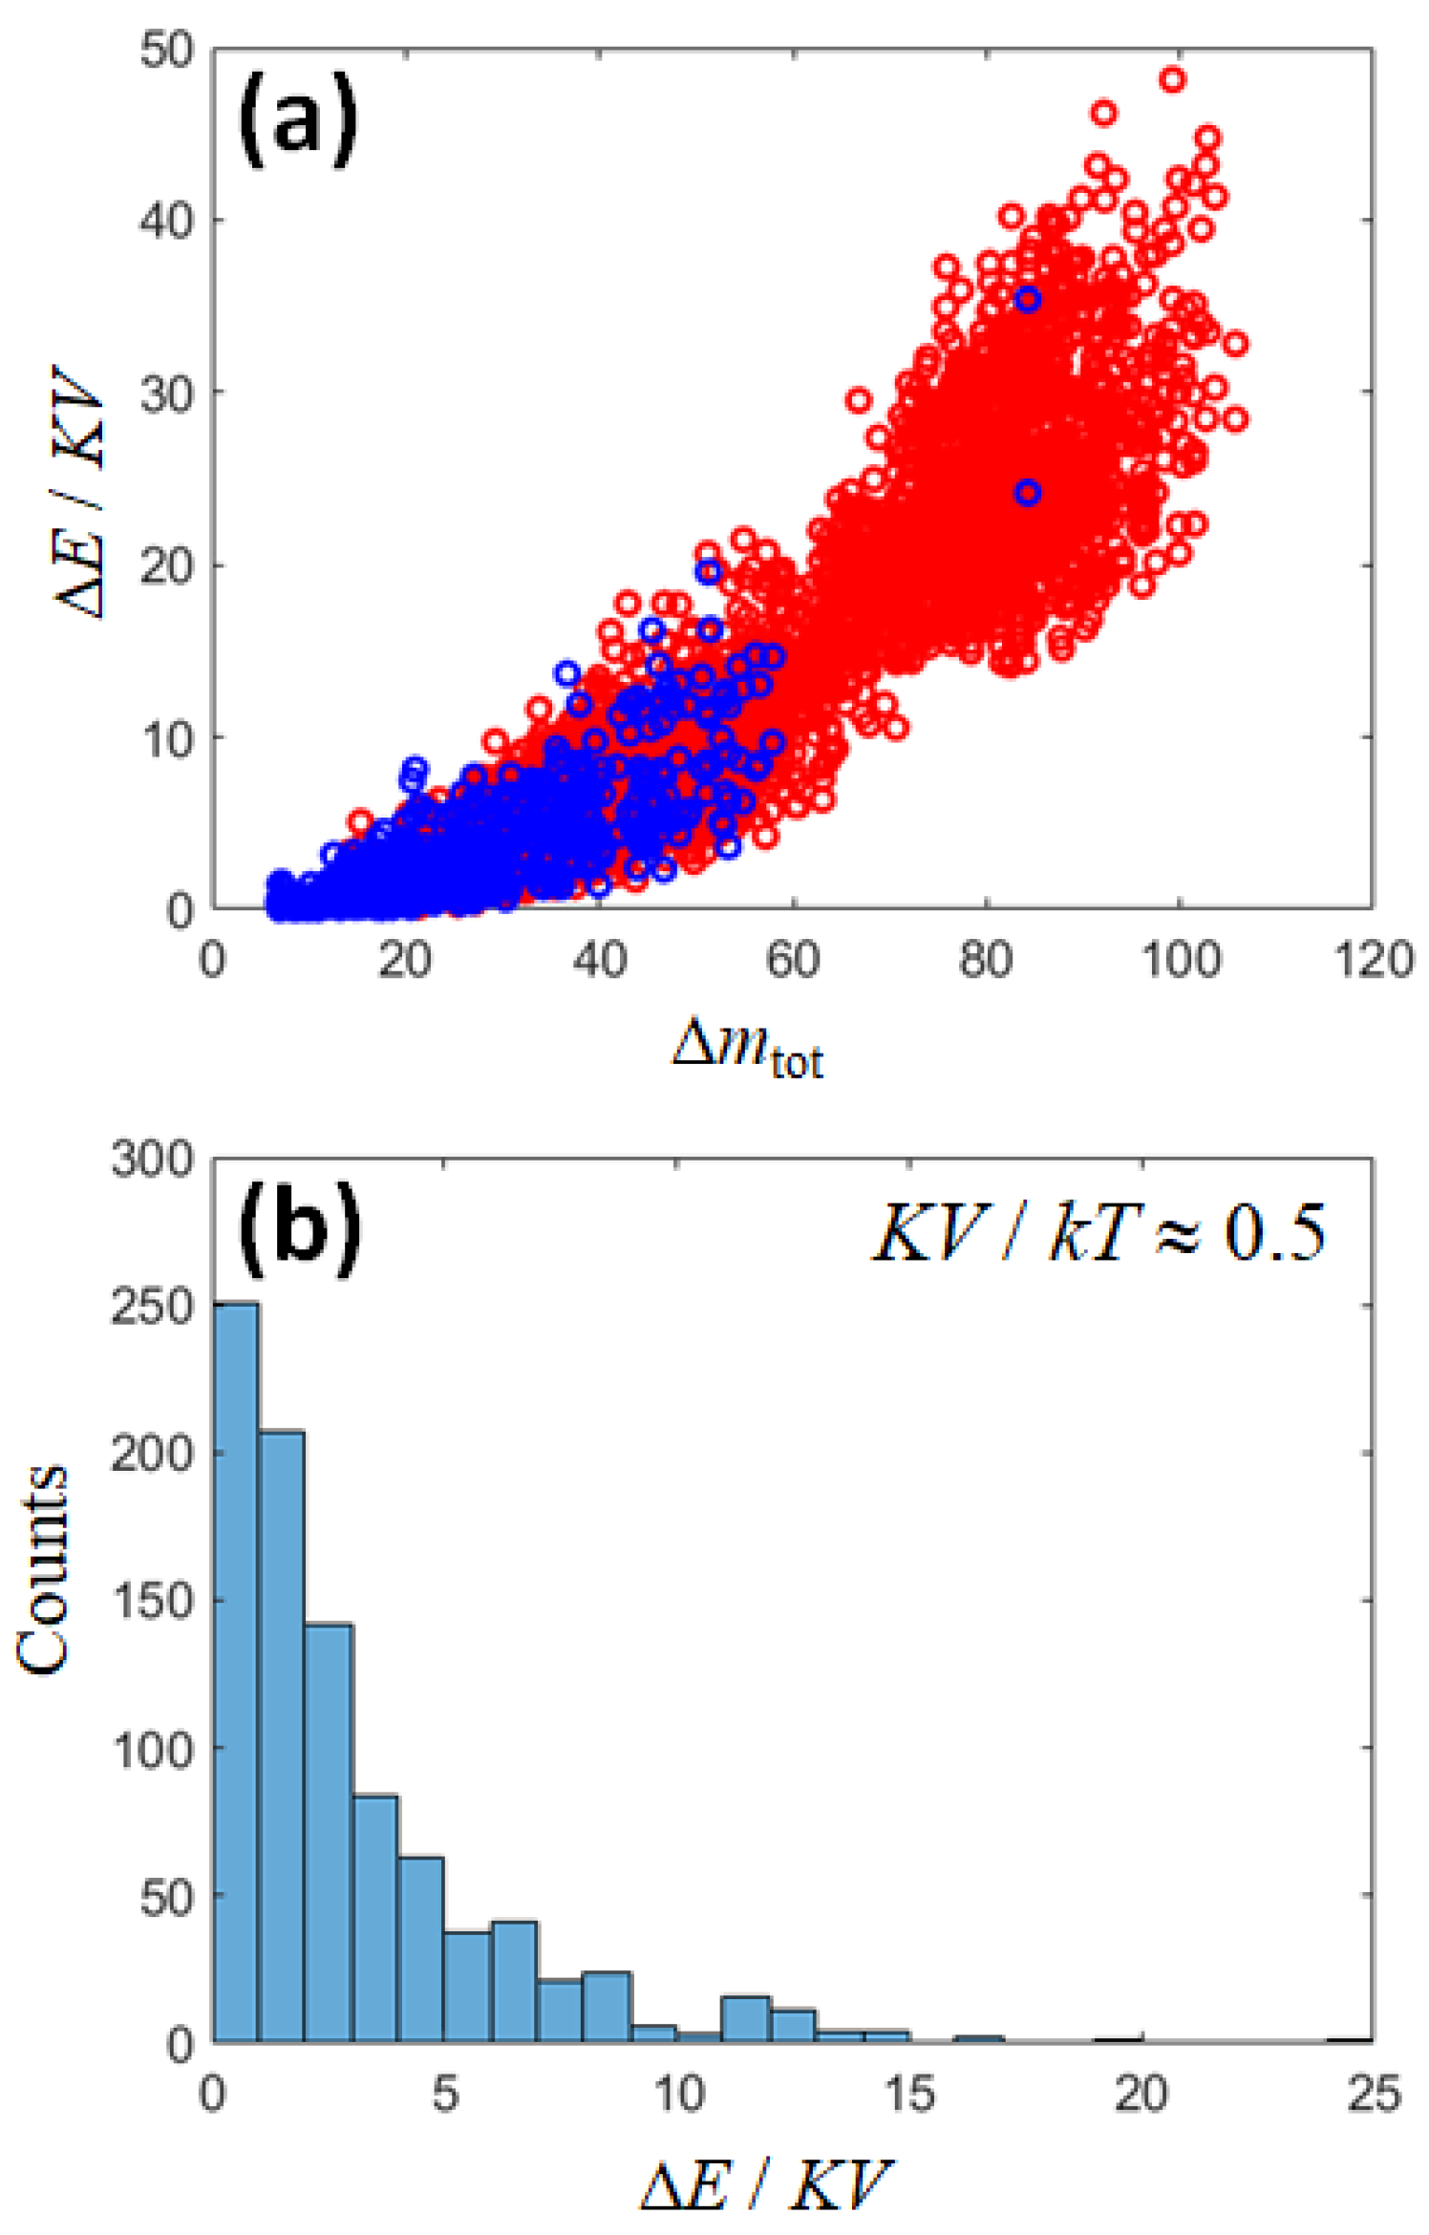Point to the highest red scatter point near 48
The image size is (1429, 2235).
click(1172, 79)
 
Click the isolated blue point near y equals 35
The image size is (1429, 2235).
click(1027, 300)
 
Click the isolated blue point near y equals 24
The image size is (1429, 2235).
click(1027, 493)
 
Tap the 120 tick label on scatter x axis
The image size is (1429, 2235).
click(1373, 960)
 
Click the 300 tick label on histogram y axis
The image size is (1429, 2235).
click(153, 1160)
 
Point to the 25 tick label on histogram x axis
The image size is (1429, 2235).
click(1374, 2094)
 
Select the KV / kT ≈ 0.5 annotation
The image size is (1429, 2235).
click(1099, 1233)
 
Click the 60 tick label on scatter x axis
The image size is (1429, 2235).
click(792, 960)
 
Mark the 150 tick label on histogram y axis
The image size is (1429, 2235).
click(153, 1600)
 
